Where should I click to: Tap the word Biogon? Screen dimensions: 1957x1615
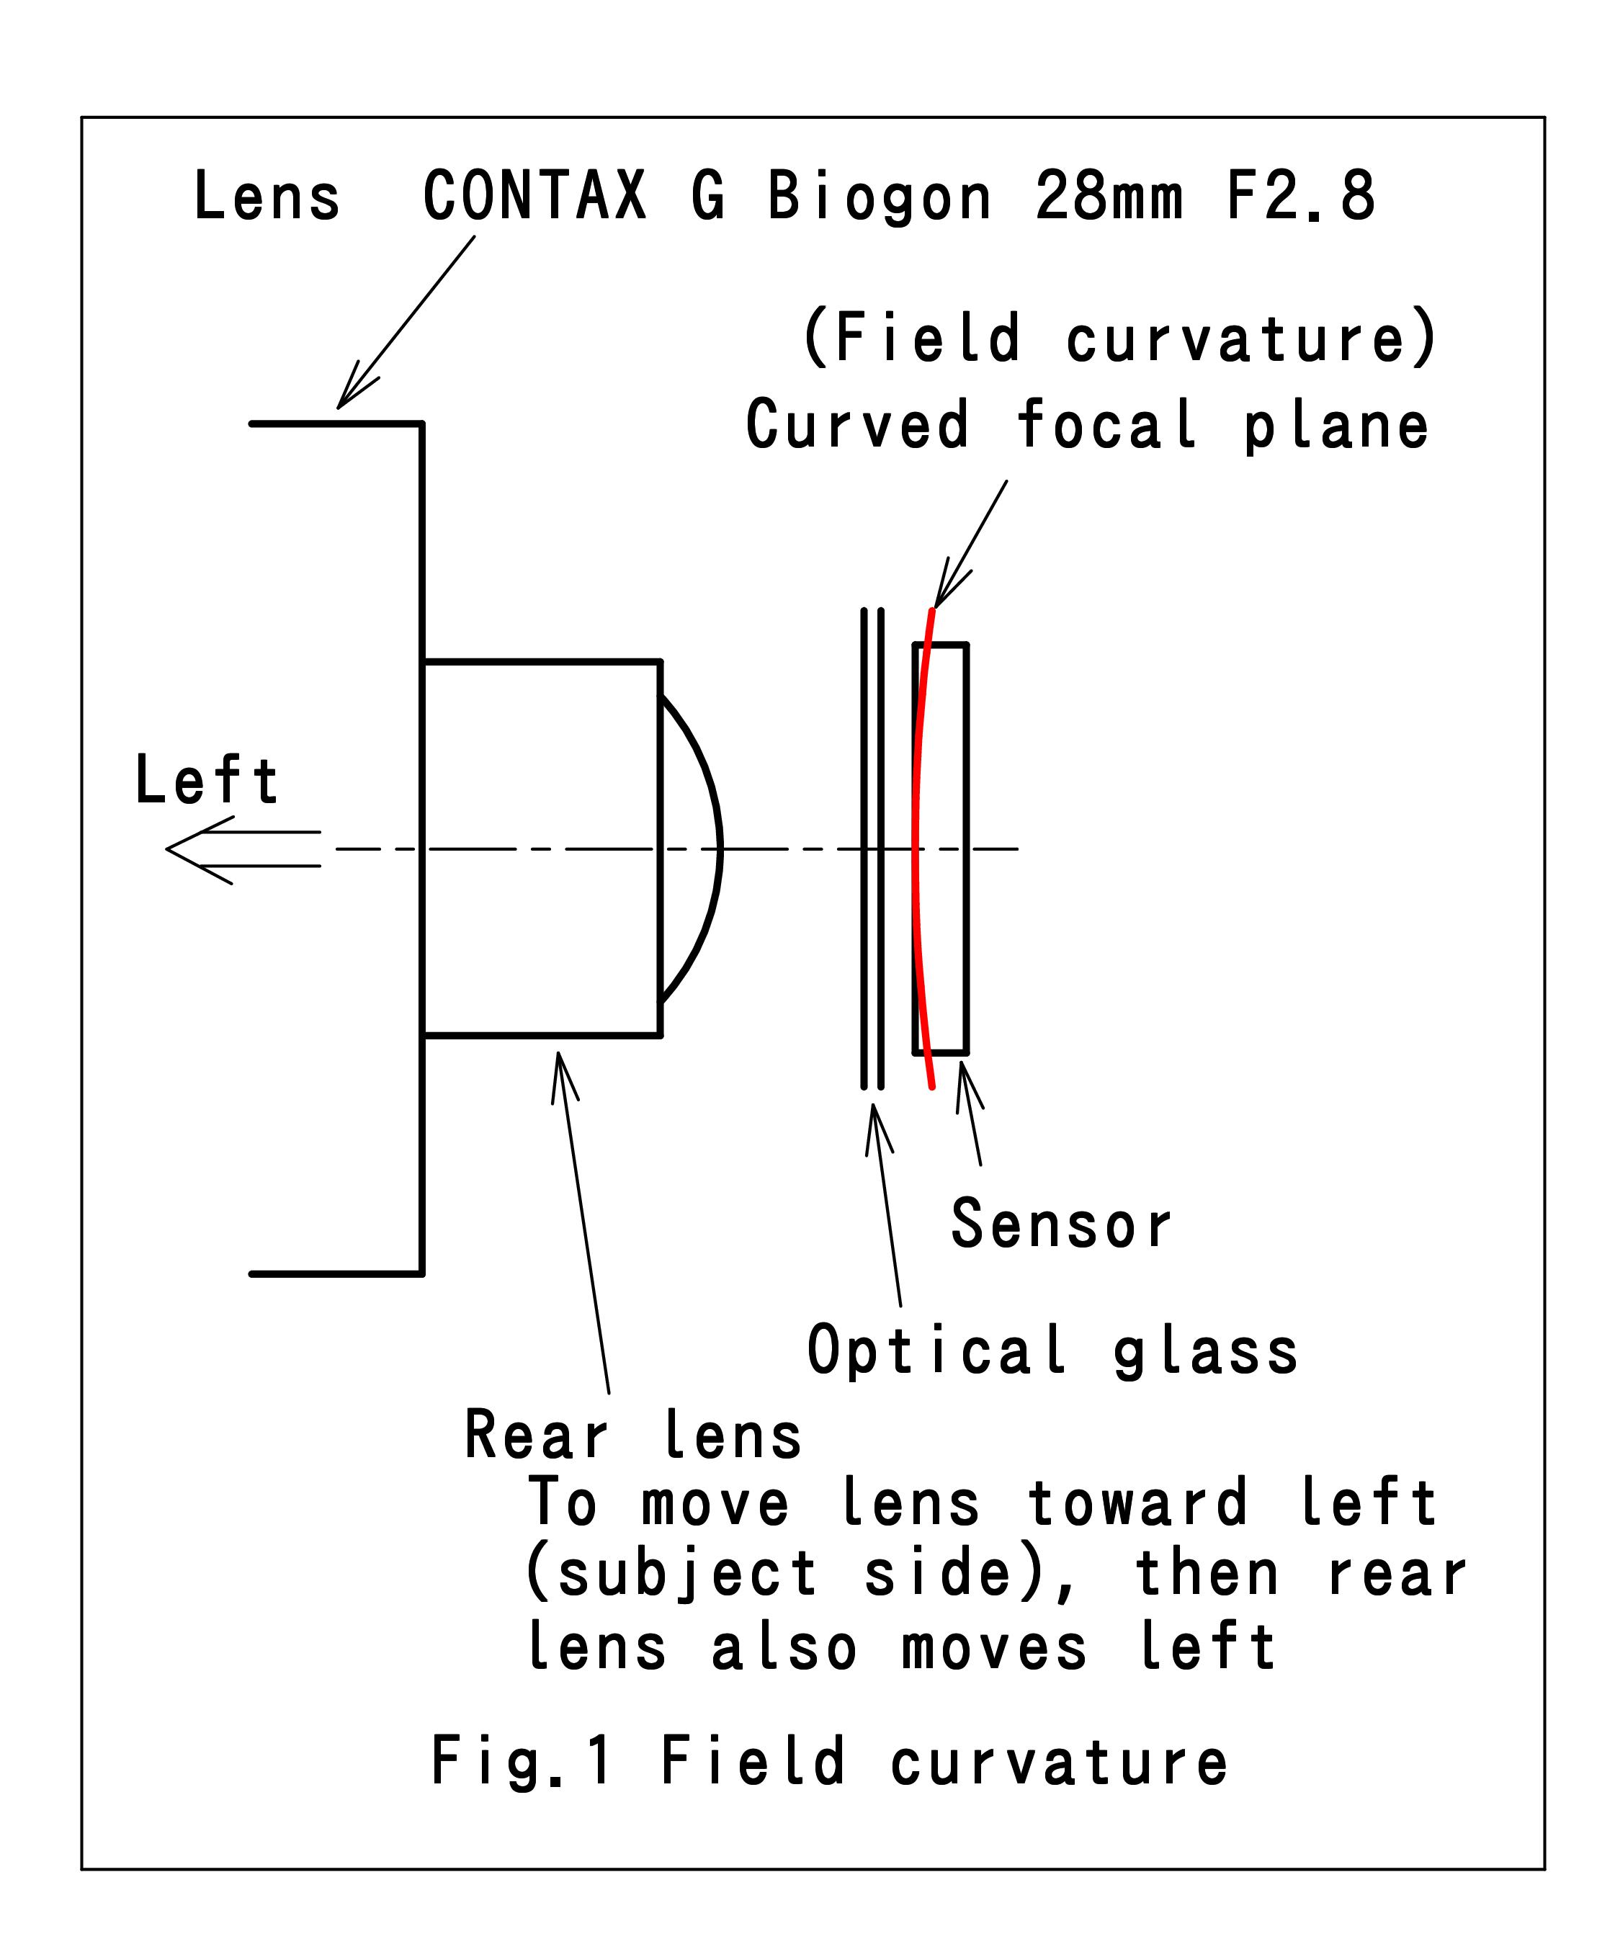click(879, 198)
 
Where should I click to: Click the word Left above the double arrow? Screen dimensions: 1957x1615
click(207, 779)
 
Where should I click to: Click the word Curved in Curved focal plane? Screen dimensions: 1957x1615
click(856, 424)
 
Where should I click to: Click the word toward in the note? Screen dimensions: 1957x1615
click(1137, 1503)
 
